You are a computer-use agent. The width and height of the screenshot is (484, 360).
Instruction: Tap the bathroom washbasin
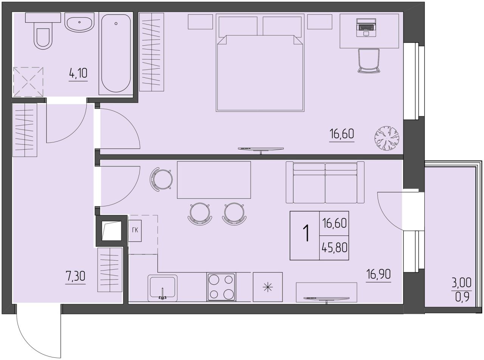tap(79, 22)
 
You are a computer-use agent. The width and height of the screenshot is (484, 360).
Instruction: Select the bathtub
tap(116, 54)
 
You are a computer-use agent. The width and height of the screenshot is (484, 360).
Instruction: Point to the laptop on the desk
tap(367, 28)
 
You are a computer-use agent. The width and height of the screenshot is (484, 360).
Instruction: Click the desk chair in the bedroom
tap(369, 60)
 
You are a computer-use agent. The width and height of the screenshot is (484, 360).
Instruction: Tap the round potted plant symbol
tap(387, 138)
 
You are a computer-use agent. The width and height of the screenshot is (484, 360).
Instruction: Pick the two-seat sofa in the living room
tap(325, 182)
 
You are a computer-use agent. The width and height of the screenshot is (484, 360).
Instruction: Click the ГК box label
tap(135, 230)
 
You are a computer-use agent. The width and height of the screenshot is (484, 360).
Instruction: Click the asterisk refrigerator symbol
tap(268, 287)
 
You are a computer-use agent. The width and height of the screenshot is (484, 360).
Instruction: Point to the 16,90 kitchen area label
tap(379, 274)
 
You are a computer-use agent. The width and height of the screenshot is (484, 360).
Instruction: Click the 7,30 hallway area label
tap(76, 277)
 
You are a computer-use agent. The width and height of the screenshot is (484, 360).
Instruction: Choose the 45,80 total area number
tap(335, 248)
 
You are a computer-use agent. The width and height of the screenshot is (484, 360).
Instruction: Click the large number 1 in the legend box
tap(306, 233)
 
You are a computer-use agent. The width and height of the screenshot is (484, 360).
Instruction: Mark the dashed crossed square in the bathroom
tap(28, 82)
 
